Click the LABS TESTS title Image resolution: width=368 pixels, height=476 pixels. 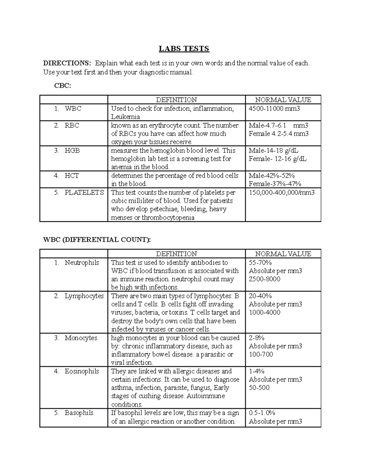coord(184,49)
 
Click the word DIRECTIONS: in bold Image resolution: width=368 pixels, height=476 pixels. coord(67,63)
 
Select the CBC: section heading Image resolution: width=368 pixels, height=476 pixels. coord(63,86)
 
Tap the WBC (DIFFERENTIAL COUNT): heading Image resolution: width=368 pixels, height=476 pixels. coord(97,240)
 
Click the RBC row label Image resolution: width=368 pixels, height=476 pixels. coord(72,125)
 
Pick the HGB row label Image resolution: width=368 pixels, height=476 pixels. coord(72,150)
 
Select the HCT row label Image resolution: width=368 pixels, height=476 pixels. coord(71,176)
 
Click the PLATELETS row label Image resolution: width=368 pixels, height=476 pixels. coord(84,192)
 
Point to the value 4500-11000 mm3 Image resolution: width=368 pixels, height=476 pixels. coord(274,109)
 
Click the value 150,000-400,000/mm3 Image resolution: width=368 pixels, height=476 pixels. coord(282,192)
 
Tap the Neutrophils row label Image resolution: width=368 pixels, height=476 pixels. coord(82,263)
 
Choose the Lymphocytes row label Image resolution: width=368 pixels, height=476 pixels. coord(84,296)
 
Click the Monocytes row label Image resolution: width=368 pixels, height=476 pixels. coord(81,338)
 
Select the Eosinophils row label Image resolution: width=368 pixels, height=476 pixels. coord(82,371)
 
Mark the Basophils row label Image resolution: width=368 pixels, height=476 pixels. coord(79,413)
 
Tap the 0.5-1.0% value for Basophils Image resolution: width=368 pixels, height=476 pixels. coord(262,413)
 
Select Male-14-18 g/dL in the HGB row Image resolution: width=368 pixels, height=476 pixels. coord(273,150)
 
